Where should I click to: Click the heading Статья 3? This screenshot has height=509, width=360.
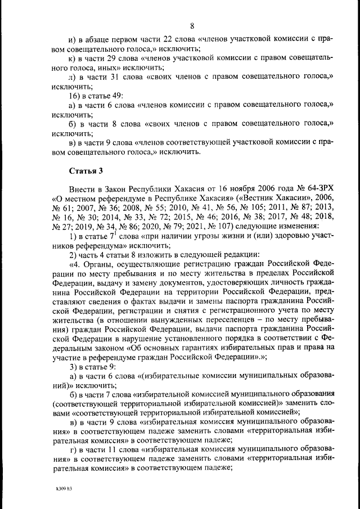click(x=84, y=170)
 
